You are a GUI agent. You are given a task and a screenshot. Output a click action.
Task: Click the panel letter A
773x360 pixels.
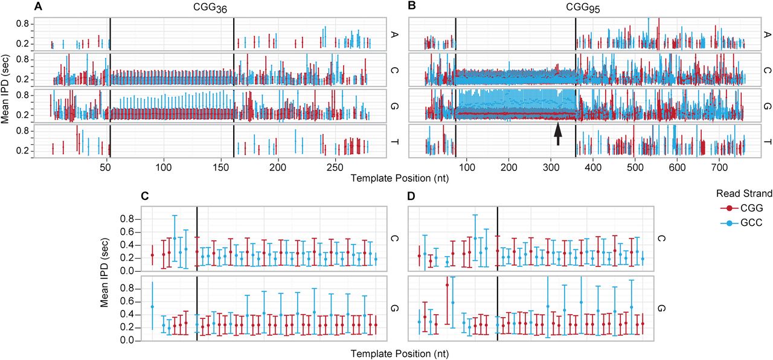38,6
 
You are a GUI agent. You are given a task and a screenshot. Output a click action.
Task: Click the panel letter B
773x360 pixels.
412,6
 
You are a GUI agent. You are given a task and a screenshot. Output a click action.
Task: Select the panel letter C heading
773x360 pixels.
145,196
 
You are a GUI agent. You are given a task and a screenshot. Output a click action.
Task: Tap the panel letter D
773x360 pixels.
411,196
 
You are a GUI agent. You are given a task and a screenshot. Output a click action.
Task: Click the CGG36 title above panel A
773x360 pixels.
210,8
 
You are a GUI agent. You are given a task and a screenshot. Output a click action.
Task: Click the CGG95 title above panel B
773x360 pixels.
583,8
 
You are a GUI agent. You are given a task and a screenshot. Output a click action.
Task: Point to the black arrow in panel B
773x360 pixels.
557,135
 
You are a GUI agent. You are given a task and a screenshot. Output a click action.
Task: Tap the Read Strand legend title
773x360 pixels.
744,194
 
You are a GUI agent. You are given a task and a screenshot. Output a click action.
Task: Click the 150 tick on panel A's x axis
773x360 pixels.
220,167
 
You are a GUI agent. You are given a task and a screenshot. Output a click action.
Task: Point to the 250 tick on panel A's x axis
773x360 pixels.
335,167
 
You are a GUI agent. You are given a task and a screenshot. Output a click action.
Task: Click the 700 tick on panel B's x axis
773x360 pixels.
719,167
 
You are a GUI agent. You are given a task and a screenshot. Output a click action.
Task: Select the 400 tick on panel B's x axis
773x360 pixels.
593,167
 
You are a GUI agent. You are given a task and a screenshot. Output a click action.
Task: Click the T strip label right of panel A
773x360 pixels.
394,142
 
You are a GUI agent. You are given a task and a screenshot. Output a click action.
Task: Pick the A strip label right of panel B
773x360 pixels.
767,34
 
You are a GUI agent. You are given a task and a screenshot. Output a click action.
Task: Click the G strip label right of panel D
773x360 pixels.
661,308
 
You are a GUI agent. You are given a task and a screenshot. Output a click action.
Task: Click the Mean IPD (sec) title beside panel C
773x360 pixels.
105,272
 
